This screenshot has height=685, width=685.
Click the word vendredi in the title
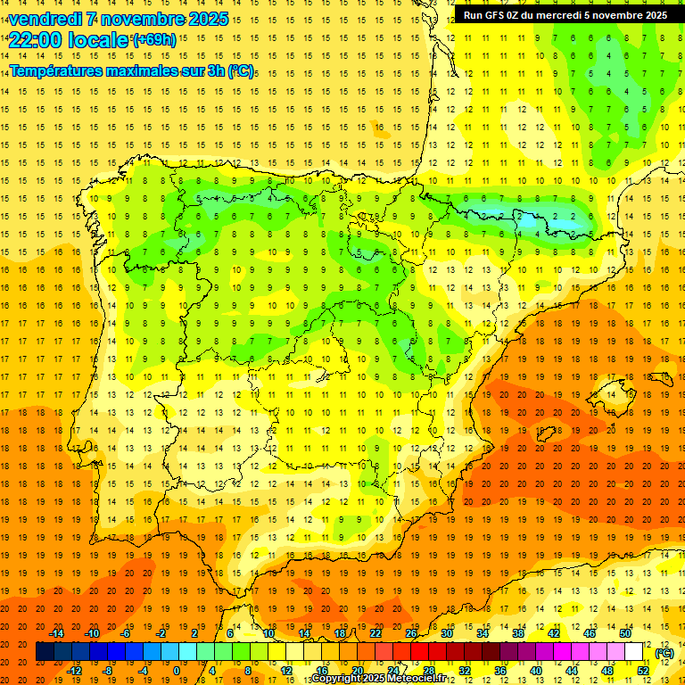[45, 19]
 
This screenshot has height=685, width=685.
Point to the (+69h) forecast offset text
[154, 40]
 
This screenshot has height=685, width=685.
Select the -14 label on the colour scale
[56, 633]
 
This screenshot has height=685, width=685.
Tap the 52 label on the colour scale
[642, 671]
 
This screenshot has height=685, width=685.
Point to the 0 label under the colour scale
[177, 671]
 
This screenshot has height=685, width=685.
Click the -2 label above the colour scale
[161, 633]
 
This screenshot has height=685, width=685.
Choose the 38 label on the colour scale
[517, 633]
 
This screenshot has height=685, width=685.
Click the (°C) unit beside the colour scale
[664, 653]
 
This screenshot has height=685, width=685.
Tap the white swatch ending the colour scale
[633, 652]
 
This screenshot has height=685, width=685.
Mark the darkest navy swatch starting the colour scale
[45, 652]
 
